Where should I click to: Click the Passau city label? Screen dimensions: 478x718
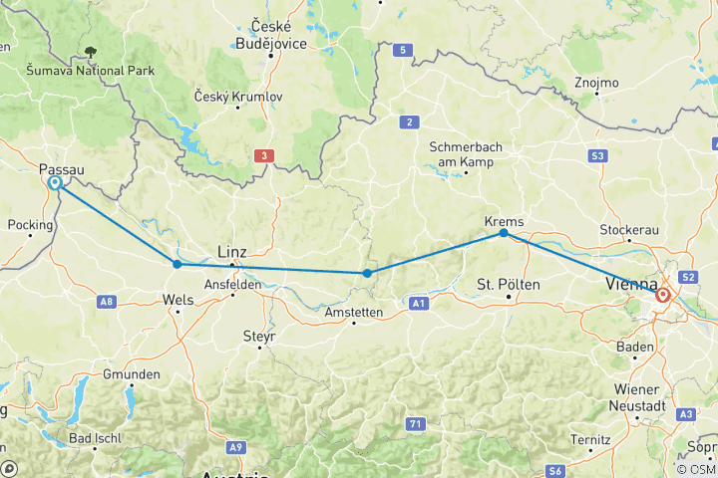(61, 170)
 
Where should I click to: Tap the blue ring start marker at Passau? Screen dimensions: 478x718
(55, 183)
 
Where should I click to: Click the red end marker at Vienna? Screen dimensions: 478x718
(662, 295)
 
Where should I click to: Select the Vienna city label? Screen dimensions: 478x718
(630, 285)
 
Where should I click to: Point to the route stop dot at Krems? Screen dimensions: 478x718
(504, 233)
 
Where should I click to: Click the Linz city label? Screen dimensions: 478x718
(232, 252)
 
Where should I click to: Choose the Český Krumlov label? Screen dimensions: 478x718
(238, 97)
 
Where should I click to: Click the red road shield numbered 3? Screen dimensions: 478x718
(263, 155)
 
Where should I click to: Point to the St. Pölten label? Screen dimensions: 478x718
(509, 285)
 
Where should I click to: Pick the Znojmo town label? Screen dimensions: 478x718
(597, 83)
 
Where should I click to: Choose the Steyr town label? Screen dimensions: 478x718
(258, 337)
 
